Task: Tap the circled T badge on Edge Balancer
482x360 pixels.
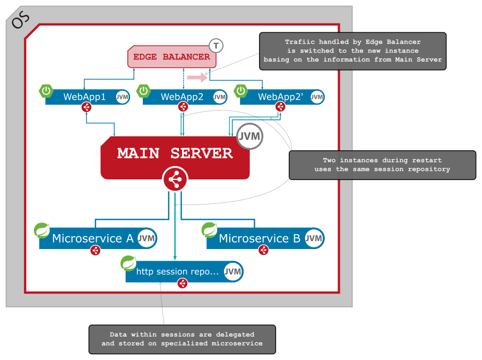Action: coord(216,46)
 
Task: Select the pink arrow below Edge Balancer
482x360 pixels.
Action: coord(197,78)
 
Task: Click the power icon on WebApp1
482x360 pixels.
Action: coord(47,91)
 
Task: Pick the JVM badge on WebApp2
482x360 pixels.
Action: coord(220,97)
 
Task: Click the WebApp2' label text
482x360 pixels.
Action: coord(276,97)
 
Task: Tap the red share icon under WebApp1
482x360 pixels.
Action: coord(87,107)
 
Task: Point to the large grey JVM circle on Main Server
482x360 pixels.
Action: coord(249,136)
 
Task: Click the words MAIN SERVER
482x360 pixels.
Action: coord(175,153)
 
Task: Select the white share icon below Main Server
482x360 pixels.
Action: coord(175,180)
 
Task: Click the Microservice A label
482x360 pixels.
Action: coord(92,238)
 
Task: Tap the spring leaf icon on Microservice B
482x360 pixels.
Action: coord(209,230)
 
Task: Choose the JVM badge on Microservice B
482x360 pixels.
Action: coord(314,238)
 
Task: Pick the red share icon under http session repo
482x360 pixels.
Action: coord(182,284)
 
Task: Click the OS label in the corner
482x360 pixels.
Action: coord(21,20)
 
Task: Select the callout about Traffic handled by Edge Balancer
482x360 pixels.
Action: coord(352,51)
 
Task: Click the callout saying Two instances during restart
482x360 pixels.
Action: coord(382,165)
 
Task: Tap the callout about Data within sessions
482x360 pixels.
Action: coord(182,339)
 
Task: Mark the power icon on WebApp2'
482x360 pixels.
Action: coord(242,91)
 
